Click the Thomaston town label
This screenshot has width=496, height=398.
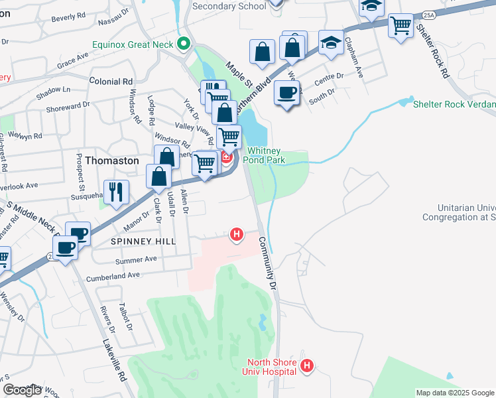[x=112, y=161]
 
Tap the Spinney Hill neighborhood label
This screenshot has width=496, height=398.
[x=144, y=241]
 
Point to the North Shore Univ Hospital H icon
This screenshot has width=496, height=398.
[x=306, y=365]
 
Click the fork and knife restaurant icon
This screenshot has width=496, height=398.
[x=116, y=191]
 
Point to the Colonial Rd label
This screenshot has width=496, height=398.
[x=111, y=82]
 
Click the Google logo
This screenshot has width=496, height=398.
[x=22, y=390]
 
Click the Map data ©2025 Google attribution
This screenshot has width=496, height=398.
[x=455, y=393]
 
